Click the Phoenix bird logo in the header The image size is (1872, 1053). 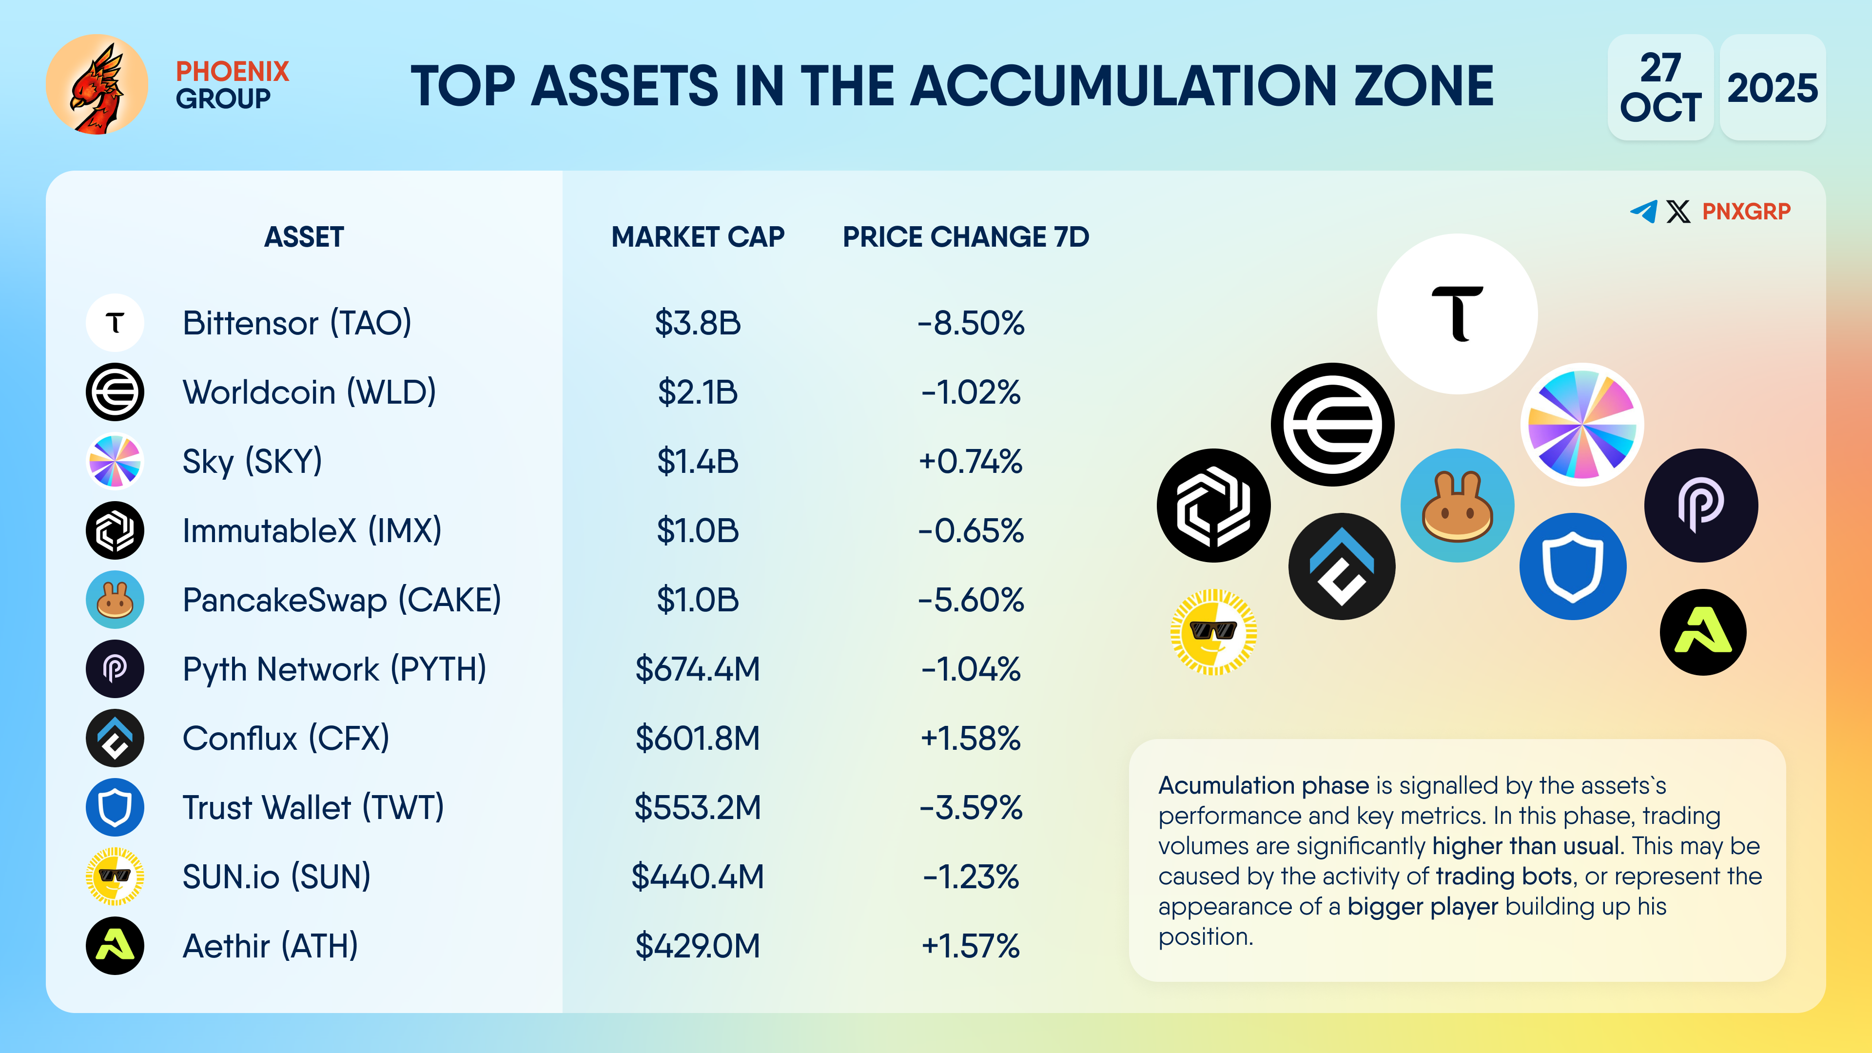97,84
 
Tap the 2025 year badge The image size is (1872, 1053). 1772,88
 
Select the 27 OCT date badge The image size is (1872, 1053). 1660,88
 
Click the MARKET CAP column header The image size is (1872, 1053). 698,237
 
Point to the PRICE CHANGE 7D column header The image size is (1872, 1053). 966,237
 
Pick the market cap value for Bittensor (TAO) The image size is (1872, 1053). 698,323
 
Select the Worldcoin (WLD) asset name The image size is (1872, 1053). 309,392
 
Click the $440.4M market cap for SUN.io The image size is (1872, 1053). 698,877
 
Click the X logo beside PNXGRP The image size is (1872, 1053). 1678,212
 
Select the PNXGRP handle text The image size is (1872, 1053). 1746,212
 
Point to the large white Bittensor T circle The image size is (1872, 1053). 1457,314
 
